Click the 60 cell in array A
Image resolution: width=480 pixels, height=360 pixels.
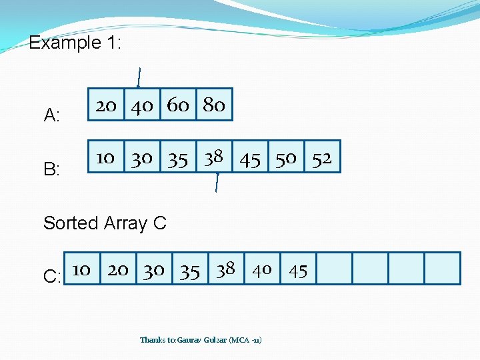pyautogui.click(x=178, y=105)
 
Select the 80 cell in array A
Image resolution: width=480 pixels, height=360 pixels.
pyautogui.click(x=214, y=105)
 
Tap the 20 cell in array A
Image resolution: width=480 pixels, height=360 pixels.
pyautogui.click(x=106, y=105)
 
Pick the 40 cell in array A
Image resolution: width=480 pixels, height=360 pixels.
pyautogui.click(x=142, y=105)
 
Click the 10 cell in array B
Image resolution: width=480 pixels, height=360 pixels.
pyautogui.click(x=106, y=157)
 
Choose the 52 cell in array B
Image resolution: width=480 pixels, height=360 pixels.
pyautogui.click(x=322, y=157)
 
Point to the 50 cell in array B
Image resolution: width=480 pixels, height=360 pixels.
pyautogui.click(x=286, y=157)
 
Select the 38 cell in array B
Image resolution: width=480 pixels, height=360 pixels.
pyautogui.click(x=214, y=157)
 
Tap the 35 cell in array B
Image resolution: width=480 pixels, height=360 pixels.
pyautogui.click(x=178, y=157)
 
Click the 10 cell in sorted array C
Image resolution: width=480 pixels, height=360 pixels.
pyautogui.click(x=81, y=269)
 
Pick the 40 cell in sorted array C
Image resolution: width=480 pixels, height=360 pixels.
pyautogui.click(x=262, y=269)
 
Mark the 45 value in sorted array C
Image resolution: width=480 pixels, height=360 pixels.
pyautogui.click(x=298, y=269)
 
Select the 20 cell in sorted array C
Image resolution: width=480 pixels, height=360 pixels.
pyautogui.click(x=118, y=269)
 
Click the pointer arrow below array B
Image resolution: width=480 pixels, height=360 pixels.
pyautogui.click(x=217, y=182)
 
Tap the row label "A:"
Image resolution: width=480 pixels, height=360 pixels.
pyautogui.click(x=52, y=116)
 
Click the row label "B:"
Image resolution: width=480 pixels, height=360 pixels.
pyautogui.click(x=52, y=169)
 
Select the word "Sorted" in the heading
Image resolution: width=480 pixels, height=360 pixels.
pyautogui.click(x=71, y=223)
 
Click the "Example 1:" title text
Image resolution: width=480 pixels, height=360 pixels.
pyautogui.click(x=74, y=44)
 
